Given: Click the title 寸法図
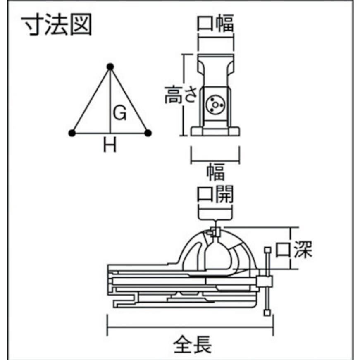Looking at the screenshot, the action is pyautogui.click(x=57, y=24).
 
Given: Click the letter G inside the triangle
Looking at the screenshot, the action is pyautogui.click(x=120, y=113).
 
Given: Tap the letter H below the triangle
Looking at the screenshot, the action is pyautogui.click(x=110, y=145).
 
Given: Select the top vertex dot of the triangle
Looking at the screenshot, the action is pyautogui.click(x=110, y=67).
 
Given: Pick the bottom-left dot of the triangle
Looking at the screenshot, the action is pyautogui.click(x=72, y=133).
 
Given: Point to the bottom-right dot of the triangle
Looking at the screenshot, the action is pyautogui.click(x=148, y=133).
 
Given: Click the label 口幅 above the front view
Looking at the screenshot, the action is pyautogui.click(x=215, y=23).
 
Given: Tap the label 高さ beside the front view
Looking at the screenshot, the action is pyautogui.click(x=181, y=95).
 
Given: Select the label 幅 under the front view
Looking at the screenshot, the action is pyautogui.click(x=216, y=172).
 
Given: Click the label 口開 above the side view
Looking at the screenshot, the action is pyautogui.click(x=215, y=194).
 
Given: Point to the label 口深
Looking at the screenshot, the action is pyautogui.click(x=293, y=249).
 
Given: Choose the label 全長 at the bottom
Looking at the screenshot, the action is pyautogui.click(x=192, y=344).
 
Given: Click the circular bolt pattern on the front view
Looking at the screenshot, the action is pyautogui.click(x=215, y=105).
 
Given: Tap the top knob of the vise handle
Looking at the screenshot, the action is pyautogui.click(x=267, y=250).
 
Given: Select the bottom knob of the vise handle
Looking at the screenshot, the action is pyautogui.click(x=267, y=312).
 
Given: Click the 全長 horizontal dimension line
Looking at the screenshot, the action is pyautogui.click(x=190, y=327).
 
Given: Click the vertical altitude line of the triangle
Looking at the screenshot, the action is pyautogui.click(x=110, y=100).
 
